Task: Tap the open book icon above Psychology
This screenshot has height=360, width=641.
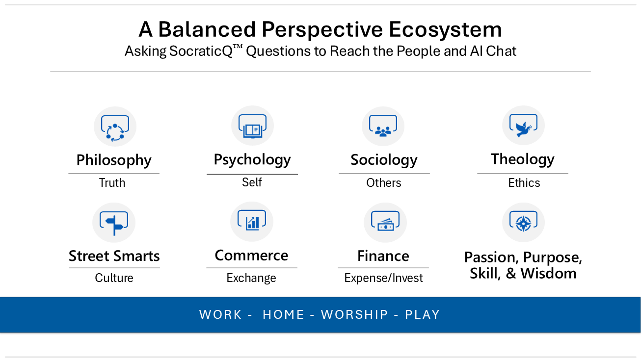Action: pyautogui.click(x=252, y=131)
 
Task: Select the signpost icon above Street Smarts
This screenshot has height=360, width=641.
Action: pyautogui.click(x=114, y=225)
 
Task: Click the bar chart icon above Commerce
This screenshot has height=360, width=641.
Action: pyautogui.click(x=252, y=223)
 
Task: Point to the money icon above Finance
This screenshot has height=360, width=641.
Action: pyautogui.click(x=385, y=225)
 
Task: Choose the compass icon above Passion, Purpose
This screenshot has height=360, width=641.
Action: pyautogui.click(x=523, y=223)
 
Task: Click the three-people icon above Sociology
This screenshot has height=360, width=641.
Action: pyautogui.click(x=383, y=131)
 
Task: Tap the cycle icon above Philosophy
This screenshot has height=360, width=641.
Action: pyautogui.click(x=115, y=133)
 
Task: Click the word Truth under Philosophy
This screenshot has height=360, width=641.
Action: pyautogui.click(x=112, y=183)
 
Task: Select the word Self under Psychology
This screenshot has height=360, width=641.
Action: pyautogui.click(x=252, y=182)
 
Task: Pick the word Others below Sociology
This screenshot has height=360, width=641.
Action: pyautogui.click(x=384, y=183)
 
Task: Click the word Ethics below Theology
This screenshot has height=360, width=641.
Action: pyautogui.click(x=524, y=183)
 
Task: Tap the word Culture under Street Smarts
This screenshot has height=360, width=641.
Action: pyautogui.click(x=114, y=278)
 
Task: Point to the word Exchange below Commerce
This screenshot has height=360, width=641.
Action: pyautogui.click(x=251, y=278)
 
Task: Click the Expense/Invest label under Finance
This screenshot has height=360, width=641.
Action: pyautogui.click(x=383, y=278)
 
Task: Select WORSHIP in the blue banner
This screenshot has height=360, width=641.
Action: pyautogui.click(x=354, y=314)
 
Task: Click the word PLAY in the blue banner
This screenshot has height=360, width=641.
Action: pyautogui.click(x=423, y=314)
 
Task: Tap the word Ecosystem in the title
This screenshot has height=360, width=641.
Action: pyautogui.click(x=445, y=29)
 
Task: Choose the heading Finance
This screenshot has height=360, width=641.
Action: pyautogui.click(x=383, y=256)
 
